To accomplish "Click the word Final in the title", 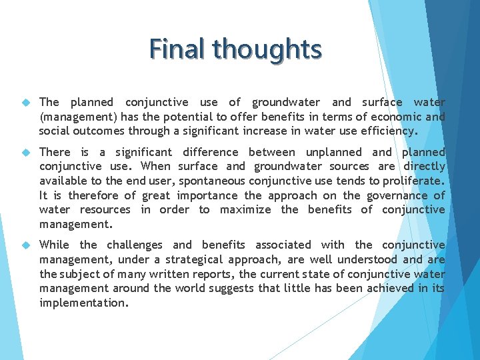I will click(x=177, y=49).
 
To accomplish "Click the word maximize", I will click(x=245, y=209).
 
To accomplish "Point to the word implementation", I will click(x=83, y=303).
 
